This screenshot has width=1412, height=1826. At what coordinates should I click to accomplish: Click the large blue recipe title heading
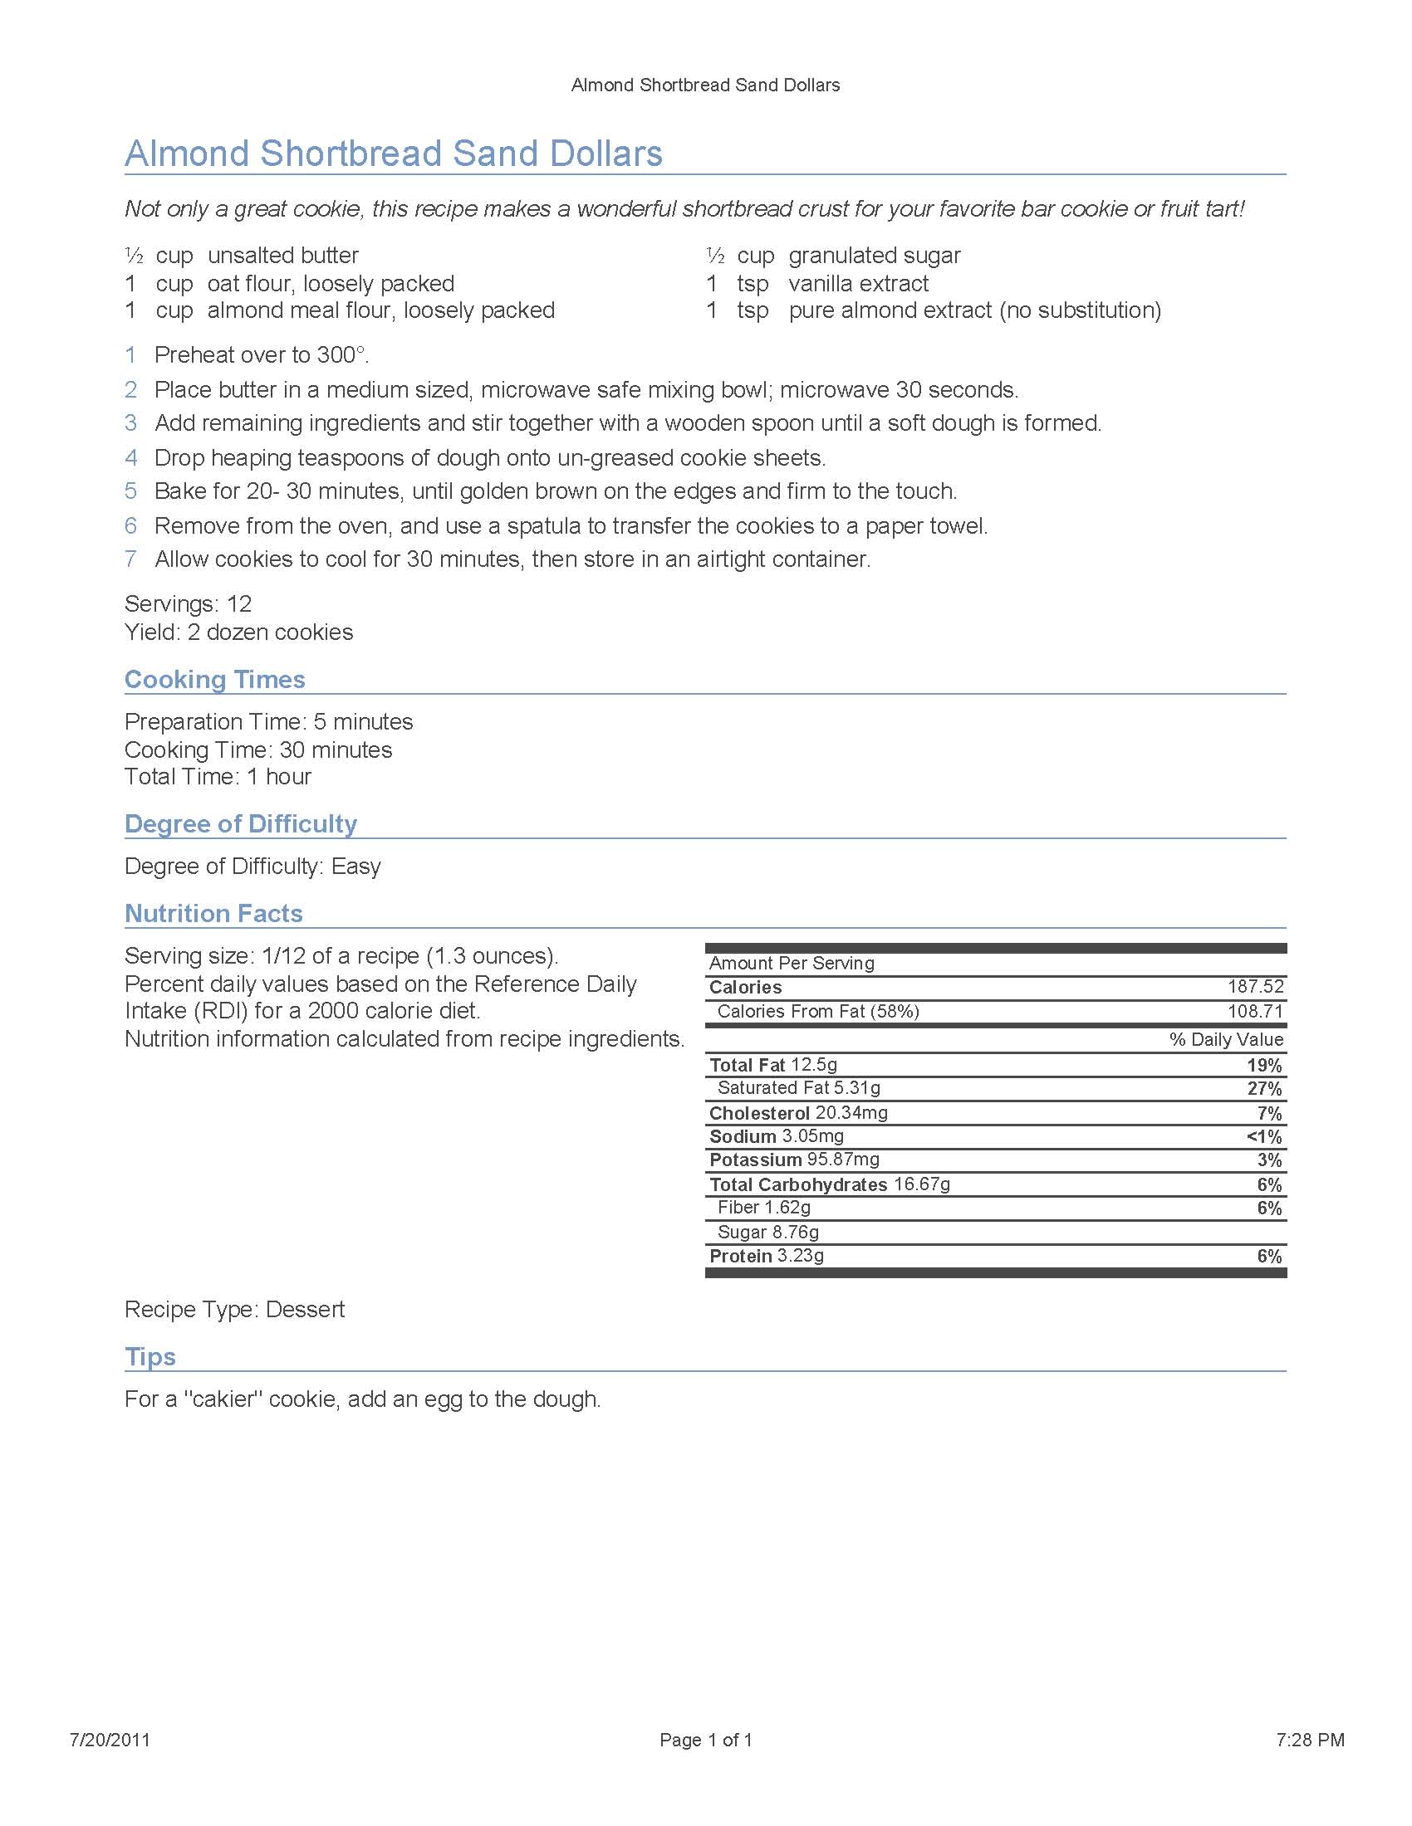click(x=393, y=154)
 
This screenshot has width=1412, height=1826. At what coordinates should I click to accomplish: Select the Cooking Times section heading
click(x=215, y=679)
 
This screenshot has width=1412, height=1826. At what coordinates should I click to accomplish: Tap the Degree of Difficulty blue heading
click(x=241, y=823)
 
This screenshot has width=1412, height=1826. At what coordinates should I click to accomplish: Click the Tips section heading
click(x=150, y=1356)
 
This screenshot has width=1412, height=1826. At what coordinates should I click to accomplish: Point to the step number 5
click(x=130, y=491)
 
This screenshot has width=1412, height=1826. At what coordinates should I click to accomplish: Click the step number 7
click(x=130, y=559)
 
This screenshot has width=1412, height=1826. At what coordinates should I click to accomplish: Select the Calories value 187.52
click(x=1255, y=987)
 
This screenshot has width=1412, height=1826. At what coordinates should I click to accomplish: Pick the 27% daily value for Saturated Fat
click(x=1264, y=1089)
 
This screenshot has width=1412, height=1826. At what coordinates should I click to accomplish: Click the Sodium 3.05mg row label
click(x=777, y=1136)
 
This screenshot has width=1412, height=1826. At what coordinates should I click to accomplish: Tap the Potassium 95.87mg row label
click(x=794, y=1160)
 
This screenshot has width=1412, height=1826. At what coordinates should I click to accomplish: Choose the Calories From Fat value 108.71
click(x=1255, y=1011)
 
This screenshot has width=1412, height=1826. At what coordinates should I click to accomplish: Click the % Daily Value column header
click(x=1225, y=1039)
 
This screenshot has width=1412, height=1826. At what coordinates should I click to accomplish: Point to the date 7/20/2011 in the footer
click(x=110, y=1740)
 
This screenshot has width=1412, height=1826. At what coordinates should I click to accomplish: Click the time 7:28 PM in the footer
click(x=1310, y=1740)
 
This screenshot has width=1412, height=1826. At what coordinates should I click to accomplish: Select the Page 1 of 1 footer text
click(x=706, y=1740)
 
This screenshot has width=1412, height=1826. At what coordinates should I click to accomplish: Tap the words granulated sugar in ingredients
click(x=874, y=255)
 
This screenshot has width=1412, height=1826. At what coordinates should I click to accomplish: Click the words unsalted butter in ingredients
click(x=282, y=255)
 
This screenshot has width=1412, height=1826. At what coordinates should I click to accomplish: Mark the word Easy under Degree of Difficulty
click(x=355, y=867)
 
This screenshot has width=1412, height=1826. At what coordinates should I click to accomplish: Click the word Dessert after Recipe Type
click(x=305, y=1309)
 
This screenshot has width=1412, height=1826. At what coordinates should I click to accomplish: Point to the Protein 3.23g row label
click(x=767, y=1256)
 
